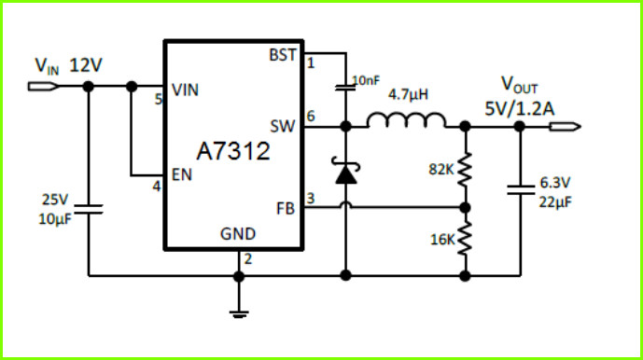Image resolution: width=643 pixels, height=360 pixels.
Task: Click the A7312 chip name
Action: tap(233, 151)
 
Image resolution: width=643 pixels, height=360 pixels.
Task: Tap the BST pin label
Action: tap(282, 55)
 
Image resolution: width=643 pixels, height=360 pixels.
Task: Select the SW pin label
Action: tap(282, 126)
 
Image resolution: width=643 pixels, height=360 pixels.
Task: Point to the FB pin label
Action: tap(286, 209)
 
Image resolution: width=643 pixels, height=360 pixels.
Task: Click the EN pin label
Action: tap(182, 174)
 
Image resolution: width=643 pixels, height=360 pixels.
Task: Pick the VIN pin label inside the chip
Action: tap(185, 90)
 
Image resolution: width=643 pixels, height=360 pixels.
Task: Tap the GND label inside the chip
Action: tap(238, 234)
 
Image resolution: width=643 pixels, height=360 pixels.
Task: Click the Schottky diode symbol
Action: tap(345, 170)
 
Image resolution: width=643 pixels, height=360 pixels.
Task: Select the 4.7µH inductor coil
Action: tap(406, 120)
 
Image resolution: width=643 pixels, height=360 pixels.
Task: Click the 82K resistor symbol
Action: tap(465, 170)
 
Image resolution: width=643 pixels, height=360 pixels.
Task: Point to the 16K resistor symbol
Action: tap(465, 239)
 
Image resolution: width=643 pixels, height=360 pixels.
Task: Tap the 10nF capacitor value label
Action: tap(366, 81)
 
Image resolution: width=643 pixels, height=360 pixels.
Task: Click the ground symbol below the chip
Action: tap(239, 314)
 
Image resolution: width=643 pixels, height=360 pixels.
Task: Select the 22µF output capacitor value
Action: tap(555, 201)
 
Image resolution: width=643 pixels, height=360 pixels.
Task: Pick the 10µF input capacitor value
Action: tap(55, 219)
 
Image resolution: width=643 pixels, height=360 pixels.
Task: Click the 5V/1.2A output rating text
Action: tap(520, 109)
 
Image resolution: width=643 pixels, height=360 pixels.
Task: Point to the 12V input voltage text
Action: tap(86, 65)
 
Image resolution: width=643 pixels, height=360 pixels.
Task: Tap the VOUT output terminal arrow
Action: tap(566, 127)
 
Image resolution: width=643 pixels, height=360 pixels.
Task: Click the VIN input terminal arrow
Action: tap(44, 87)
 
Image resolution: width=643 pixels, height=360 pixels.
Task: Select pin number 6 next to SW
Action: tap(311, 116)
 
